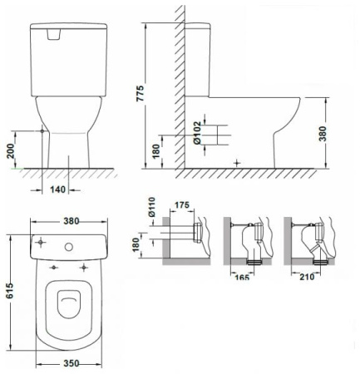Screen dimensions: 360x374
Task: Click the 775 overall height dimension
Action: pos(141,93)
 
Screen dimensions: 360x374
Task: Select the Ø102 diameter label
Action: pos(197,133)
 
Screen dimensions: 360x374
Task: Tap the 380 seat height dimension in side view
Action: pos(323,134)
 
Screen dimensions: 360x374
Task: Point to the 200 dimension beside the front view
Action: pos(11,150)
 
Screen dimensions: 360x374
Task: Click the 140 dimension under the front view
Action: pos(58,189)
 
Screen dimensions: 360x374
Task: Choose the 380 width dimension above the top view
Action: pos(72,221)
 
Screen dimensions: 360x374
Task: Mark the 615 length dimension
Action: pos(10,291)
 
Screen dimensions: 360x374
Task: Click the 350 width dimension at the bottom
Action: pos(72,363)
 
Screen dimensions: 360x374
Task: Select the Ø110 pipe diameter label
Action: pos(152,207)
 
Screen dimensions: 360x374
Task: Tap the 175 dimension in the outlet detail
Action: pos(182,205)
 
